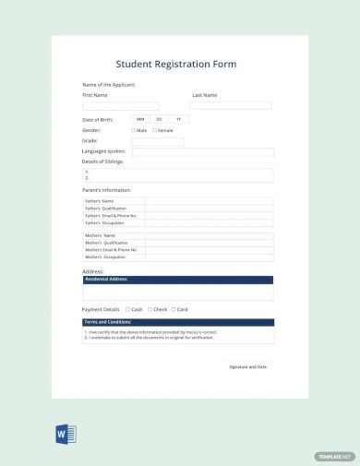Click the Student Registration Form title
click(x=176, y=65)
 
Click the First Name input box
click(x=120, y=106)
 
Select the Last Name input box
click(x=231, y=106)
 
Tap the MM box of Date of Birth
click(x=140, y=119)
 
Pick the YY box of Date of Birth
click(x=179, y=119)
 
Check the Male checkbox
click(x=134, y=130)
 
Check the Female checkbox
click(x=155, y=130)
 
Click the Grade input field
click(x=157, y=141)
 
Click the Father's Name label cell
click(x=113, y=201)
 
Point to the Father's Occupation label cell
click(x=113, y=223)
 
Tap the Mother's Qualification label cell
click(x=113, y=243)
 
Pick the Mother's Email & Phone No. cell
click(x=113, y=250)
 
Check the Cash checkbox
click(x=127, y=309)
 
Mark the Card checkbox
click(x=173, y=309)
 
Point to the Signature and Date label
click(x=247, y=366)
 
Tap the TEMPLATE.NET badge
click(x=334, y=456)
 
